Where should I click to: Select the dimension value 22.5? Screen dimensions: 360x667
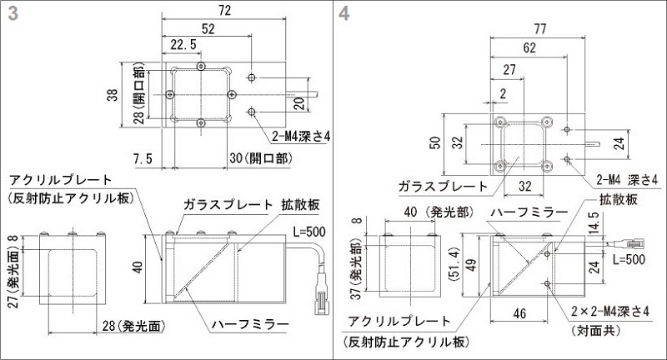pos(183,44)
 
